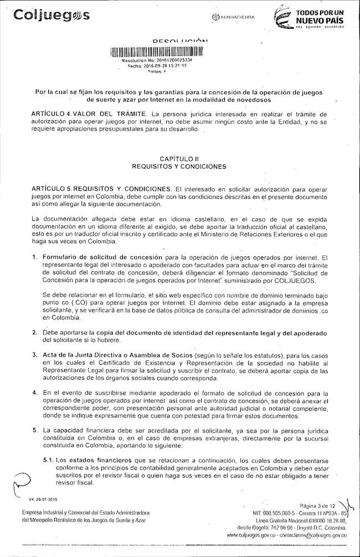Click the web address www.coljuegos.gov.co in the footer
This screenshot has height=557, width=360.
pos(249,535)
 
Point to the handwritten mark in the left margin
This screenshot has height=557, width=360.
pos(17,482)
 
